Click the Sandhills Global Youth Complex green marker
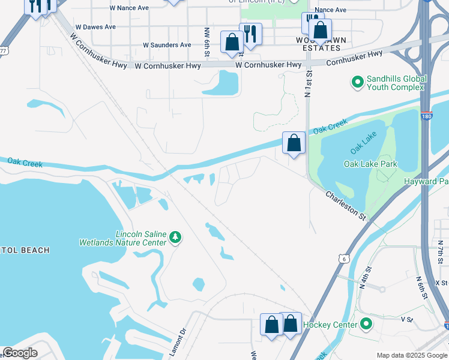358,82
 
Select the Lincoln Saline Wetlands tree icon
175,238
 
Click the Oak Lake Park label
370,164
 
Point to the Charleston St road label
346,205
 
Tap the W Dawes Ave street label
96,28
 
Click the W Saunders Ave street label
167,45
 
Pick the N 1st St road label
309,83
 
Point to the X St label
441,282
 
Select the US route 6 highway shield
343,258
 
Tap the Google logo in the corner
20,352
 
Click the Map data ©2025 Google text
411,355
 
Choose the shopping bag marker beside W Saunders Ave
232,42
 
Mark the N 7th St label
439,248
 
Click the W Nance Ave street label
130,8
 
